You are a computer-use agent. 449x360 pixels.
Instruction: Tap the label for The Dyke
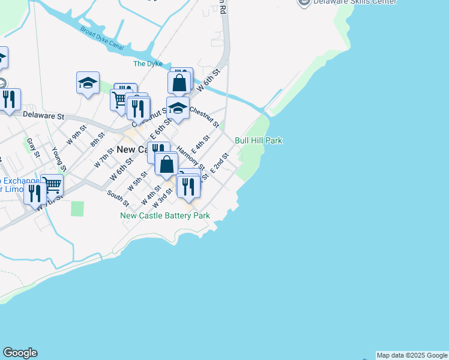pyautogui.click(x=148, y=64)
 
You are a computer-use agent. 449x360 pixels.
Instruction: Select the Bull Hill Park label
pyautogui.click(x=258, y=140)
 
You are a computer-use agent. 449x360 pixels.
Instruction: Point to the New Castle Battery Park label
pyautogui.click(x=165, y=215)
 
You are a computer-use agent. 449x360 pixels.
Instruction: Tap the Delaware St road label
pyautogui.click(x=43, y=115)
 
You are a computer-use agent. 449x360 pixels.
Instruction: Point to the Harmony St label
pyautogui.click(x=191, y=160)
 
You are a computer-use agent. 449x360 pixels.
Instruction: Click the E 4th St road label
pyautogui.click(x=200, y=145)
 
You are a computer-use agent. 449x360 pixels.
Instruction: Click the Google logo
pyautogui.click(x=20, y=353)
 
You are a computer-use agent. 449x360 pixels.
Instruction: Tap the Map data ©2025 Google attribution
pyautogui.click(x=412, y=355)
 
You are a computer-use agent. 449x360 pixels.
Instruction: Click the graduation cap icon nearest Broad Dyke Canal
pyautogui.click(x=88, y=83)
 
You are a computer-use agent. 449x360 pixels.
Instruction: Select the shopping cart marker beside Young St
pyautogui.click(x=52, y=186)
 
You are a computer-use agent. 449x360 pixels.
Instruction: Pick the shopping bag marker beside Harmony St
pyautogui.click(x=166, y=163)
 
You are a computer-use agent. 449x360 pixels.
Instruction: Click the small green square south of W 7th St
pyautogui.click(x=77, y=209)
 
